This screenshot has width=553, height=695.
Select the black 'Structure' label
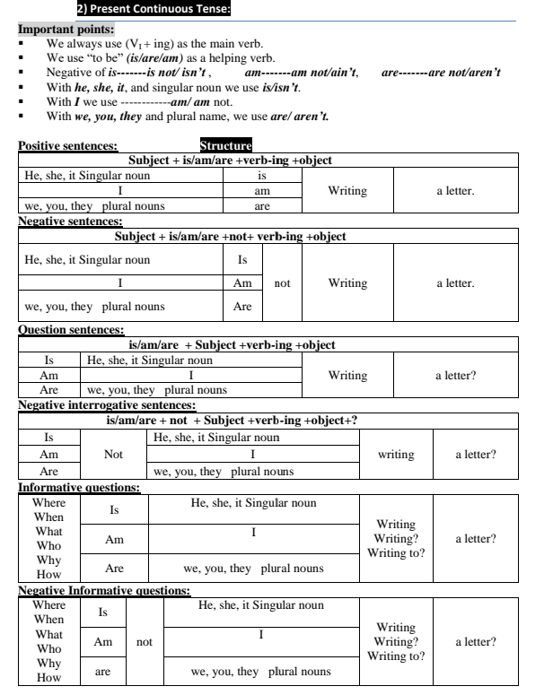pos(226,144)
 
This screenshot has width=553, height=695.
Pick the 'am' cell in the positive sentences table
pos(262,191)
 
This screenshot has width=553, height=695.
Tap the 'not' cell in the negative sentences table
pos(282,282)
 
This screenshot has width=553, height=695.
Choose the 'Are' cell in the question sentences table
pos(49,390)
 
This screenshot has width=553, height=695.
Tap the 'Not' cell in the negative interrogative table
pos(113,455)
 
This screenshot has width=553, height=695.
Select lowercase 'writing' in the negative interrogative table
pos(396,455)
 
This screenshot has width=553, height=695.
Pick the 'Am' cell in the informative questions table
pos(114,539)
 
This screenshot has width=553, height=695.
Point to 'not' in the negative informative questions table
pos(144,642)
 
